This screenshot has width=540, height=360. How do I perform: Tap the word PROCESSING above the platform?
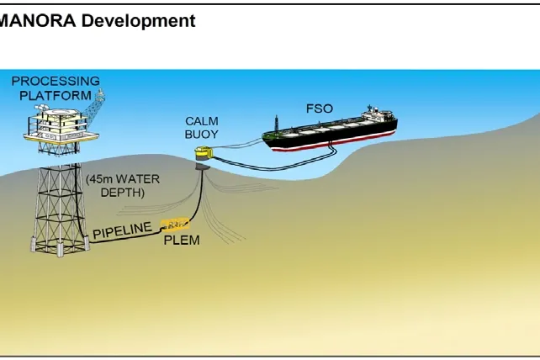tap(55, 82)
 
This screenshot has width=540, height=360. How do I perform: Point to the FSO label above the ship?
tap(320, 109)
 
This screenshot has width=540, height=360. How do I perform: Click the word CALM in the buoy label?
tap(201, 122)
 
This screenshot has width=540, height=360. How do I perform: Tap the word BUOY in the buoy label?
tap(201, 134)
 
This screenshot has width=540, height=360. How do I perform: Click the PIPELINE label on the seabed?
tap(123, 230)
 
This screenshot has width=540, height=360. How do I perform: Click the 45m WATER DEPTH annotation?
tap(122, 185)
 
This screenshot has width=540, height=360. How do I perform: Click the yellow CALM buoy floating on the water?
tap(203, 154)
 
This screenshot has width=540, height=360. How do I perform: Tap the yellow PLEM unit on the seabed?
tap(177, 225)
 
